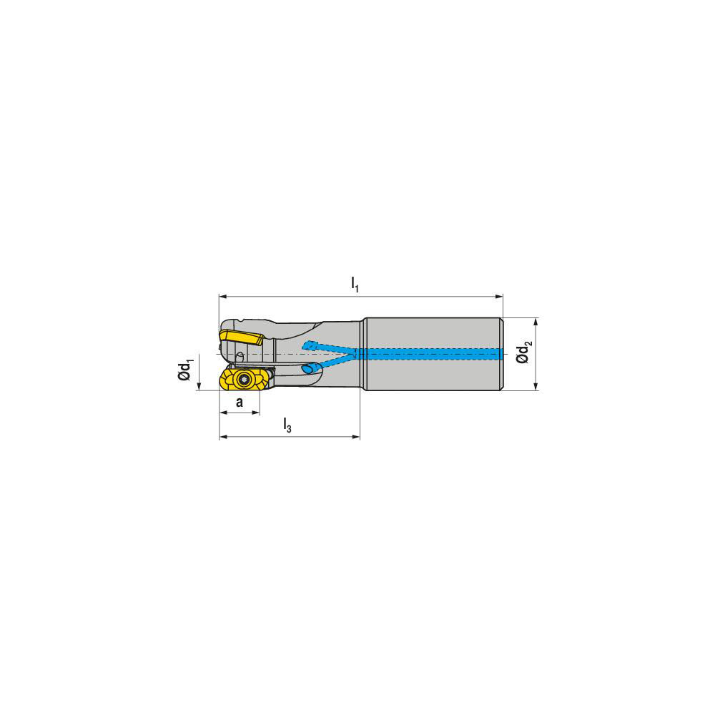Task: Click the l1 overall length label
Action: (x=355, y=284)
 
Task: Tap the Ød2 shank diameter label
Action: (x=526, y=353)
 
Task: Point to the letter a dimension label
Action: (x=240, y=403)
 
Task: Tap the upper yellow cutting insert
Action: (x=240, y=336)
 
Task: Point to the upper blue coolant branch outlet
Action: (x=308, y=346)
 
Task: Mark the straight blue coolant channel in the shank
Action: (x=429, y=353)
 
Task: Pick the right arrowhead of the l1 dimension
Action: (x=499, y=295)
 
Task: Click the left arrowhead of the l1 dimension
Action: (x=223, y=295)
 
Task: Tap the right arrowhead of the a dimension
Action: (x=255, y=413)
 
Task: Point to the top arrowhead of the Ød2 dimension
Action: (x=536, y=321)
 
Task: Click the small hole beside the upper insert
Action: (x=240, y=355)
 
